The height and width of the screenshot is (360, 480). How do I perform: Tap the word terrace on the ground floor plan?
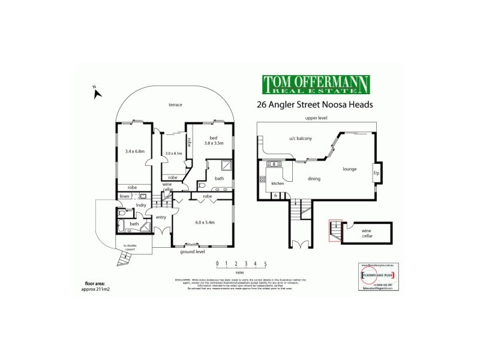tap(175, 105)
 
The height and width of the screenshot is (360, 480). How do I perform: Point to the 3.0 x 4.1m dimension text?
tap(173, 154)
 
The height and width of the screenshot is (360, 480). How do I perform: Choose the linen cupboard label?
tap(124, 196)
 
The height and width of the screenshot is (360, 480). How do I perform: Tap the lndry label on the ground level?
tap(142, 206)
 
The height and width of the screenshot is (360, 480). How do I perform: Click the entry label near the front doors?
tap(161, 217)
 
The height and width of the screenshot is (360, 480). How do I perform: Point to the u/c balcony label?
tap(300, 139)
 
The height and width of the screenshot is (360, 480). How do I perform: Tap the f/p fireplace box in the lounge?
tap(376, 174)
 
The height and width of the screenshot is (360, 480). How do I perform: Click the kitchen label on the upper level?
tap(277, 184)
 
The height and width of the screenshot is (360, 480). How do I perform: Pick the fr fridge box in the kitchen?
tap(277, 195)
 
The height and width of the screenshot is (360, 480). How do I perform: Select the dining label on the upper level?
tap(314, 179)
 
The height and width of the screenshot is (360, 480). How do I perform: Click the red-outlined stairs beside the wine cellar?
tap(334, 230)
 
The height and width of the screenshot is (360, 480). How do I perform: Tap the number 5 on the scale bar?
tap(265, 263)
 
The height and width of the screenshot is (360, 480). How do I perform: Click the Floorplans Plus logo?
tap(377, 275)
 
